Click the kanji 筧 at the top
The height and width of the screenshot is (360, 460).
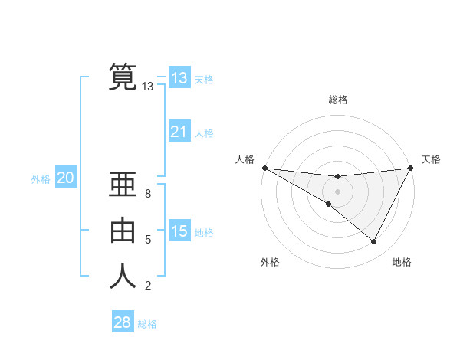(x=123, y=77)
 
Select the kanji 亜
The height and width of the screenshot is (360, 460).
(x=123, y=185)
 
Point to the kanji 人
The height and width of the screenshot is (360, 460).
(x=123, y=275)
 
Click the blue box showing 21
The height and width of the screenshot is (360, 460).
(x=179, y=132)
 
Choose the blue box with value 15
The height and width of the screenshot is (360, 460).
(x=179, y=231)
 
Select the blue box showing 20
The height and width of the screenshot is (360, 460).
(x=65, y=178)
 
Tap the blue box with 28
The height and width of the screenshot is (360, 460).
(x=122, y=322)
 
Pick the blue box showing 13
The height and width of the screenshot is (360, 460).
(x=179, y=78)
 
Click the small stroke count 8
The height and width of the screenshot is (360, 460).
(x=147, y=194)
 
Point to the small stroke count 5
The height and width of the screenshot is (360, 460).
(x=147, y=240)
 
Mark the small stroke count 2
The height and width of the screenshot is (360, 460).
(x=147, y=286)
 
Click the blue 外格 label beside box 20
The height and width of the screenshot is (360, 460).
(x=41, y=179)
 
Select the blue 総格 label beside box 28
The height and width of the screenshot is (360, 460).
(x=147, y=324)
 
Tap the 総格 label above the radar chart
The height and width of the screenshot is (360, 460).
(x=337, y=100)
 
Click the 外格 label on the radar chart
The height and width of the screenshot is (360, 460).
(x=270, y=262)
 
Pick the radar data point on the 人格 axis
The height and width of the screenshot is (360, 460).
(x=264, y=167)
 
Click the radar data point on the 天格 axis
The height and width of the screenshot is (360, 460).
(x=410, y=168)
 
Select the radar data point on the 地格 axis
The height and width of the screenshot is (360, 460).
(x=374, y=242)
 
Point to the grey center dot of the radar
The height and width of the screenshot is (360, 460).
(x=337, y=191)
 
